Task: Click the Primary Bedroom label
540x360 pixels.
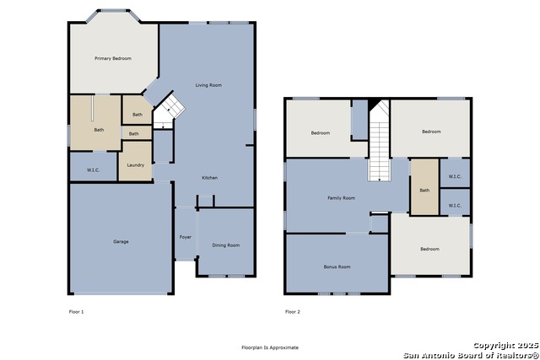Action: point(113,58)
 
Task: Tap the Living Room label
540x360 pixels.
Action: point(208,85)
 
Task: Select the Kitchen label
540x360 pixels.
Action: point(210,178)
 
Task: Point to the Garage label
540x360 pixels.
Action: point(121,242)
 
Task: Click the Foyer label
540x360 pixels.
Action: point(186,237)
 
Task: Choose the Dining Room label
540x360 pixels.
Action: point(226,245)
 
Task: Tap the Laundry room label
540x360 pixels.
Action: point(135,165)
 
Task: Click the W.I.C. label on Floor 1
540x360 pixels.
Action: point(94,170)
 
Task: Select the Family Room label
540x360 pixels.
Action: point(341,198)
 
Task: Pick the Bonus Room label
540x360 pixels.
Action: point(337,266)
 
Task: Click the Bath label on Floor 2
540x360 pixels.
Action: point(424,191)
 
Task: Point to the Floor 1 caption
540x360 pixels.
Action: point(77,312)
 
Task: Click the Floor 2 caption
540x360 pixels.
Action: point(293,312)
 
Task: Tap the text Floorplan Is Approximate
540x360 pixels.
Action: point(270,347)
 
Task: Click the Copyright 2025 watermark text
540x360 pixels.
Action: point(506,345)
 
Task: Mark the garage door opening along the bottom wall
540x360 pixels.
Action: point(121,293)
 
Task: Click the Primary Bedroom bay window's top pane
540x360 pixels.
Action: point(113,11)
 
